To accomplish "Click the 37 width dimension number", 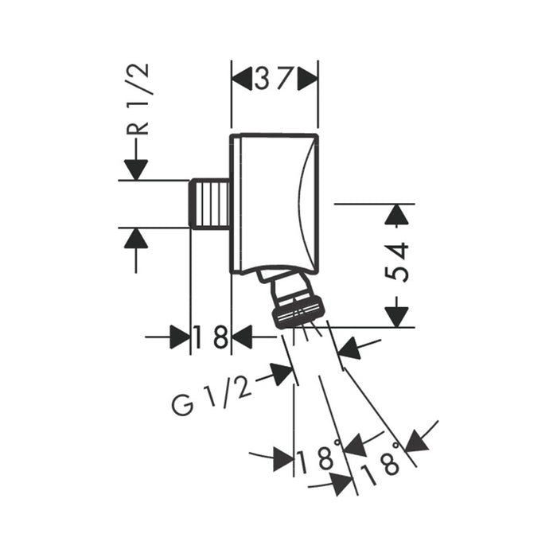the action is (x=275, y=79).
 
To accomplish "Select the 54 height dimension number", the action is (x=397, y=262).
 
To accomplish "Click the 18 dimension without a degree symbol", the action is (x=211, y=337).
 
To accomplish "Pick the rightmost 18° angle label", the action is (x=381, y=463).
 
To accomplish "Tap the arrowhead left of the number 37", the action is (x=243, y=79).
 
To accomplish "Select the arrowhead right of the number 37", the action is (x=306, y=79).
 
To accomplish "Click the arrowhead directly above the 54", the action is (x=397, y=215).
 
